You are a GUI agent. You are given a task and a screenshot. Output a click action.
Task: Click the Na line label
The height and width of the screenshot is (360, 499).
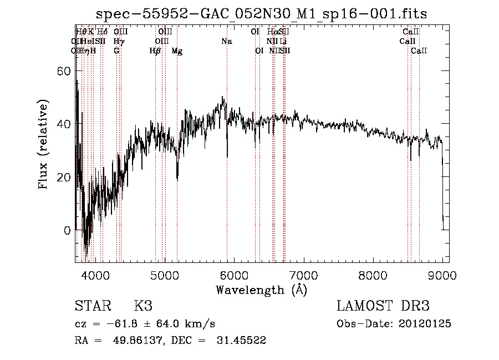click(x=226, y=42)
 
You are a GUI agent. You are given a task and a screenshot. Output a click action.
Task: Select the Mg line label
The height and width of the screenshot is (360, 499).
click(x=177, y=51)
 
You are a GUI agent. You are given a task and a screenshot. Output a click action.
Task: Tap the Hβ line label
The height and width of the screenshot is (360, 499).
click(x=155, y=51)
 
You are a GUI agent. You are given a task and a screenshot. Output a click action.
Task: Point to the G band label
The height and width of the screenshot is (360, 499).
click(x=116, y=50)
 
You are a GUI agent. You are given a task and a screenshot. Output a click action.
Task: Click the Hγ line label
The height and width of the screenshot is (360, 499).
click(x=119, y=42)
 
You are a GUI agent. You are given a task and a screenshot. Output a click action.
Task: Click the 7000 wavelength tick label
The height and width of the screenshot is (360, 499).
click(x=303, y=274)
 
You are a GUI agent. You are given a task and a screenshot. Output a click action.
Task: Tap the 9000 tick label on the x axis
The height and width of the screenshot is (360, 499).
click(x=442, y=274)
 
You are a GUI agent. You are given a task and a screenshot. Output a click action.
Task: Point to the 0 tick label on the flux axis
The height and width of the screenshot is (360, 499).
click(x=67, y=230)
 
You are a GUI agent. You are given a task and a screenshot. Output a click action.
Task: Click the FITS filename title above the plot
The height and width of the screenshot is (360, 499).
click(x=262, y=14)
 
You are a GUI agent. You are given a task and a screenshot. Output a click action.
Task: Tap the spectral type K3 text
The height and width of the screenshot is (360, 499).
click(x=143, y=306)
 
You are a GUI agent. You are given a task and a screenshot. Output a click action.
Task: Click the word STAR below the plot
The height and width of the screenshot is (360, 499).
click(x=90, y=306)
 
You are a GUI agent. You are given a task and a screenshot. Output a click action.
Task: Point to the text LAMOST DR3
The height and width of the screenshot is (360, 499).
click(x=383, y=306)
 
